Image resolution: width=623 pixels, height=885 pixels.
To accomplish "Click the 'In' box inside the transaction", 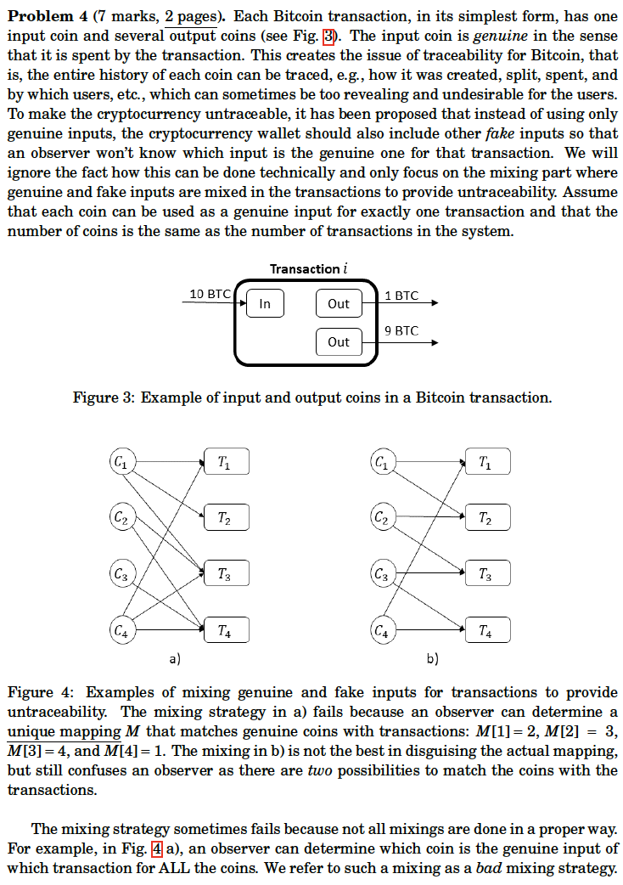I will (265, 303).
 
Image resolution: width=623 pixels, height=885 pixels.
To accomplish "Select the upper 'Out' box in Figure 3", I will (338, 303).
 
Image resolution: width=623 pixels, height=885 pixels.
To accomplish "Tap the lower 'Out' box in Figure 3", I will (338, 341).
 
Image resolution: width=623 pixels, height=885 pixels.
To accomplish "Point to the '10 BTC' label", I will (209, 294).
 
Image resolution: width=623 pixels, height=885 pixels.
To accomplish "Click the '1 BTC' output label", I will (401, 296).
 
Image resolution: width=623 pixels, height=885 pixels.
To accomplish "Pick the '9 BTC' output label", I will (401, 330).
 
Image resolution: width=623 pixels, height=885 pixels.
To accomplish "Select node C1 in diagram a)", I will (121, 463).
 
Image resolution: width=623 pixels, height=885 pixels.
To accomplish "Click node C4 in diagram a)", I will (121, 631).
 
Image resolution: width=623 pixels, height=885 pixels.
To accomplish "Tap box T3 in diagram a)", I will (225, 575).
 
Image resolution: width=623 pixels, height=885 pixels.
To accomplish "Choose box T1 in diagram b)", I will (486, 463).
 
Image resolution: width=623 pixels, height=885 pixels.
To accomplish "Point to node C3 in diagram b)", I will (383, 575).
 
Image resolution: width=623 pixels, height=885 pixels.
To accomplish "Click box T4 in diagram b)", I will (486, 631).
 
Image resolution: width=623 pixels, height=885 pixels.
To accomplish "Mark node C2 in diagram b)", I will (383, 517).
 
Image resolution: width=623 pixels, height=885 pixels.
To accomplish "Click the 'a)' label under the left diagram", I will (175, 658).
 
